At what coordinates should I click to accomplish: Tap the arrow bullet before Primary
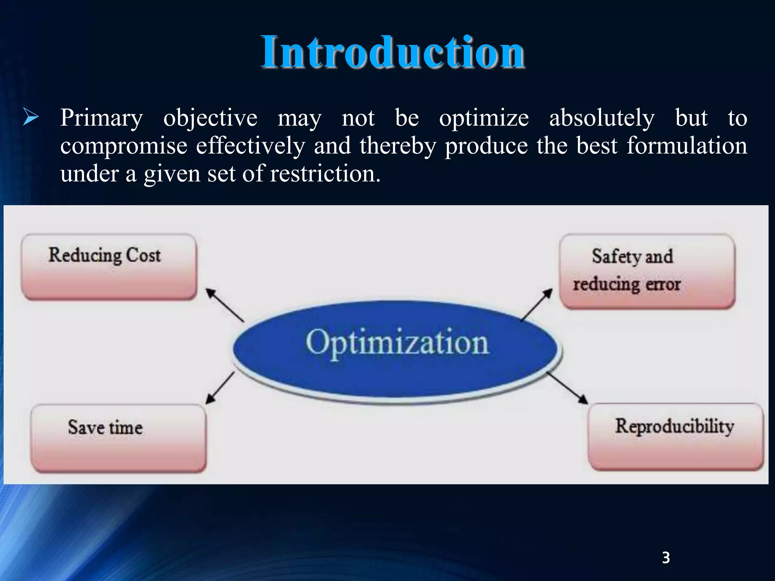(31, 117)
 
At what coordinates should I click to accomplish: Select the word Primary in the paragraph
(101, 118)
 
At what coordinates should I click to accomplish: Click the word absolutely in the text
(602, 118)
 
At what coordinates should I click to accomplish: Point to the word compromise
(123, 146)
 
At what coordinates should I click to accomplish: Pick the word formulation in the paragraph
(686, 146)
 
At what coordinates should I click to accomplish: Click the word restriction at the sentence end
(325, 174)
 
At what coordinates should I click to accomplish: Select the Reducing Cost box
(109, 267)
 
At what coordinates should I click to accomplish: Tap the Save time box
(118, 438)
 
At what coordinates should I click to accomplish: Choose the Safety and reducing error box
(647, 271)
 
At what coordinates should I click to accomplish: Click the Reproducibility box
(675, 437)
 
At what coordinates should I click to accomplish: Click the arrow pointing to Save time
(220, 388)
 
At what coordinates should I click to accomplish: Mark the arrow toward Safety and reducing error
(537, 305)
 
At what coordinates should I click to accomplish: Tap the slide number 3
(666, 558)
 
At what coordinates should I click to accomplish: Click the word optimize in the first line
(484, 118)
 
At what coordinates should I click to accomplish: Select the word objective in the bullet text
(210, 118)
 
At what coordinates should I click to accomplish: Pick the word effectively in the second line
(250, 146)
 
